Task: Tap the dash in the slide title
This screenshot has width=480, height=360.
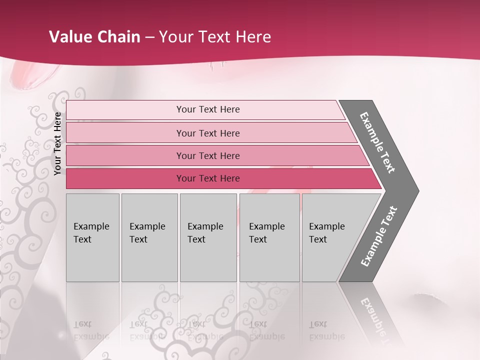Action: (149, 37)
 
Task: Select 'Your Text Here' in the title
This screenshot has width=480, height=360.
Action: (215, 37)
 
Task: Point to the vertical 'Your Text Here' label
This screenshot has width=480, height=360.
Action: (57, 143)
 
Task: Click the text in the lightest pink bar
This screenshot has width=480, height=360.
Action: (208, 109)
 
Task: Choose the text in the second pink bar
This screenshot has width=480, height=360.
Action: (208, 133)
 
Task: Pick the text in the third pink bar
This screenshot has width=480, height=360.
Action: (208, 155)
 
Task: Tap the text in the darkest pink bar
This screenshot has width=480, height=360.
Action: (208, 178)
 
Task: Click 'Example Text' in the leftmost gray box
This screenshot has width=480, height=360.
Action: (91, 233)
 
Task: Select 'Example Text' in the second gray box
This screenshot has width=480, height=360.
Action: (147, 233)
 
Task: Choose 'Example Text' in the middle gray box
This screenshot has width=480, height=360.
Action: (205, 233)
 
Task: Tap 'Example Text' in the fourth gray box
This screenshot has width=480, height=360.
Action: (266, 233)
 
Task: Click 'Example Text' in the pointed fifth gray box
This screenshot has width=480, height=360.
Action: (326, 233)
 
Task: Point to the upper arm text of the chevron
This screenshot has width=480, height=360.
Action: (377, 142)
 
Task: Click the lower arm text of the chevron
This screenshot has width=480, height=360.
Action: (379, 236)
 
